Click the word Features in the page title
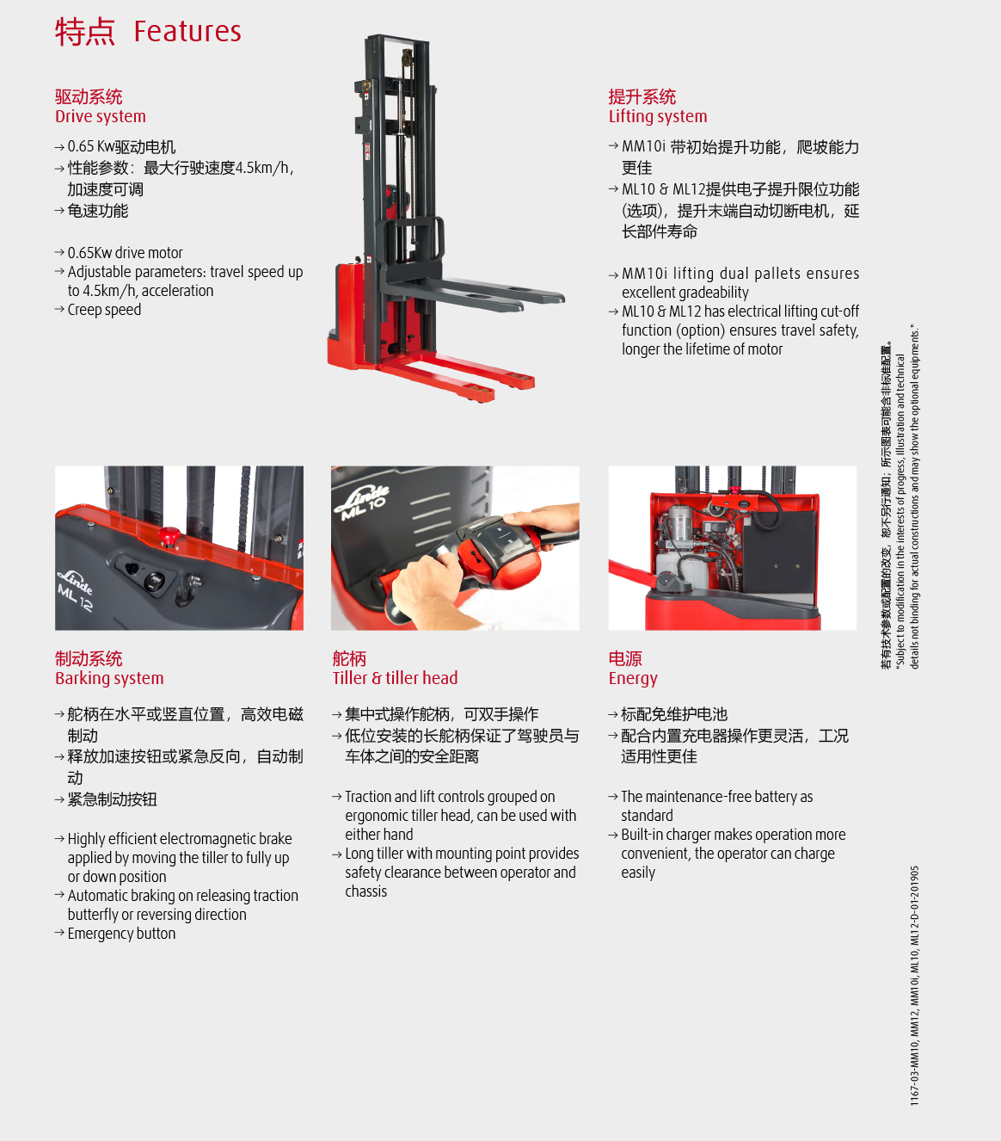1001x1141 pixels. pos(187,32)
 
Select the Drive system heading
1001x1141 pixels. pos(101,116)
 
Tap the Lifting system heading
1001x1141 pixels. pos(658,116)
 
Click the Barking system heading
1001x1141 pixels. pos(109,678)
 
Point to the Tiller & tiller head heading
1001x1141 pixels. pos(395,678)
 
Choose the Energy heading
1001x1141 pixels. pos(633,679)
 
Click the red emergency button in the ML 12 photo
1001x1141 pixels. pos(169,536)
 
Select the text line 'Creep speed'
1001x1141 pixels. pos(104,310)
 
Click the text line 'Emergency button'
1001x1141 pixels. pos(121,934)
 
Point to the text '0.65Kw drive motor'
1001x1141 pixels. pos(125,253)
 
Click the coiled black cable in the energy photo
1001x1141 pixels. pos(768,513)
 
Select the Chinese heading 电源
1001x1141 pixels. pos(625,658)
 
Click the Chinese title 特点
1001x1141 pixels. pos(85,32)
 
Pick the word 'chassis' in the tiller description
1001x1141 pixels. pos(366,891)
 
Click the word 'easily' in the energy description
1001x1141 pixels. pos(638,873)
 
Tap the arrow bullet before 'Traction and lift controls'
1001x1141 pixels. pos(336,796)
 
